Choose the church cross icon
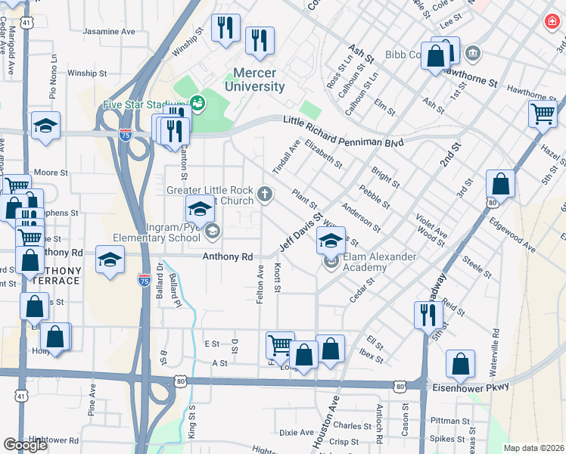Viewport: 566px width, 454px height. pos(266,194)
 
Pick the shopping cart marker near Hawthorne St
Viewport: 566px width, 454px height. pos(542,114)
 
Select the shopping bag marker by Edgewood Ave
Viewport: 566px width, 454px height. pos(500,183)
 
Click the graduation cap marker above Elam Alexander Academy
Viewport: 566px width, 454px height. pos(330,241)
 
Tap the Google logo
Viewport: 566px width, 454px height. pos(25,444)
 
